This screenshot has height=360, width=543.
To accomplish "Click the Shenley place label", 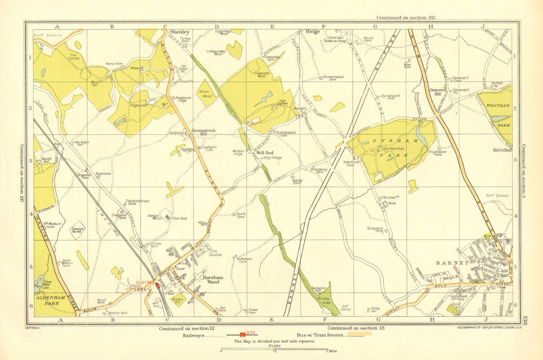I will point(180,33).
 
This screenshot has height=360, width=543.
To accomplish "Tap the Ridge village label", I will point(313,32).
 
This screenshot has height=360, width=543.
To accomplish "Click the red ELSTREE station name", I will point(145,282).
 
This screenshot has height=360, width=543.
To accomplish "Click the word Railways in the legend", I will point(209,337).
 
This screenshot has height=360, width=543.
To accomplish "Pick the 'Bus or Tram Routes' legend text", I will point(319,337).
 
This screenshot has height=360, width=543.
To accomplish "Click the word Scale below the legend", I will point(276,346).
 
